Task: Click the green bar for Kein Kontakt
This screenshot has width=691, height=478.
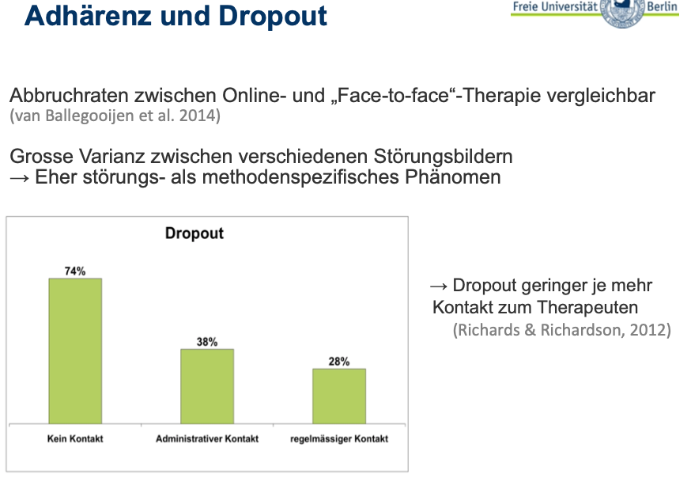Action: [75, 351]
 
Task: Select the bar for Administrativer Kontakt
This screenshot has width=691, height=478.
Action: [207, 385]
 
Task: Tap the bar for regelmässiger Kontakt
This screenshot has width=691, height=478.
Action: [339, 396]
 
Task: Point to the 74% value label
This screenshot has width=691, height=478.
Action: [75, 271]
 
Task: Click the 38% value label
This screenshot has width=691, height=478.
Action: [207, 342]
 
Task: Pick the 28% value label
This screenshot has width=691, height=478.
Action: [339, 362]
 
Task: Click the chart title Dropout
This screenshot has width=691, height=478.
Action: [194, 233]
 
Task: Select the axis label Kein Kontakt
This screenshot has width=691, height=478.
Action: [74, 439]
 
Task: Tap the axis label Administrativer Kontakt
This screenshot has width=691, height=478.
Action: [207, 439]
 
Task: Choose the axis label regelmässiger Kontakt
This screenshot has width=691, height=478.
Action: [339, 439]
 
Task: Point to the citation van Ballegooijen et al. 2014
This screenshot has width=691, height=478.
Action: [115, 116]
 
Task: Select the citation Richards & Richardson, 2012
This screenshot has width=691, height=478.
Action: [561, 329]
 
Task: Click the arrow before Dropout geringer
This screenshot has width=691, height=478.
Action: [439, 286]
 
